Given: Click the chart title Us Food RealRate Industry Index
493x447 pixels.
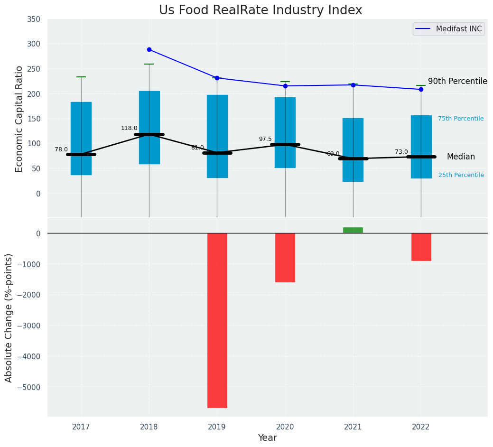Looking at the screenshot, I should coord(260,10).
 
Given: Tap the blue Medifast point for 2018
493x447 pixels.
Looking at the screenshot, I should coord(149,49).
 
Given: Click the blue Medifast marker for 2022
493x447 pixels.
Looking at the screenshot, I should coord(421,89).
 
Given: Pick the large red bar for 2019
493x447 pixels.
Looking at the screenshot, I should coord(217,320).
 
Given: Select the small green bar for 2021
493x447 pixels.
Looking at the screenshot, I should coord(353,230).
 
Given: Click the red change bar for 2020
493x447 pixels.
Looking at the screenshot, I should coord(285,258).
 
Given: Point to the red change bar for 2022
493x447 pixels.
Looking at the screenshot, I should coord(421,247).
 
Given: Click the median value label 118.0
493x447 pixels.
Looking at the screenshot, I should coord(129,128).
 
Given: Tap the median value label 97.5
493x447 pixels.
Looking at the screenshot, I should coord(265,139).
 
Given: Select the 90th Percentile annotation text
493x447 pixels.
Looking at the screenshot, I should coord(457,81).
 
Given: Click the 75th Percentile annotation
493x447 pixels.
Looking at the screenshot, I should coord(461,119).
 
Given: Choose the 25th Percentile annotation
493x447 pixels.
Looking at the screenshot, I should coord(461,175).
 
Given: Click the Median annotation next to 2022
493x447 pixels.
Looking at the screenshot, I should coord(461,157).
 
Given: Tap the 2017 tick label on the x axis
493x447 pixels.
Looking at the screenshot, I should coord(81,427).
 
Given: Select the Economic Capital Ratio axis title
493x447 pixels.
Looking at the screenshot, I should coord(19,119).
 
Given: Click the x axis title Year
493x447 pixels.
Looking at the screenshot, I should coord(268,438).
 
